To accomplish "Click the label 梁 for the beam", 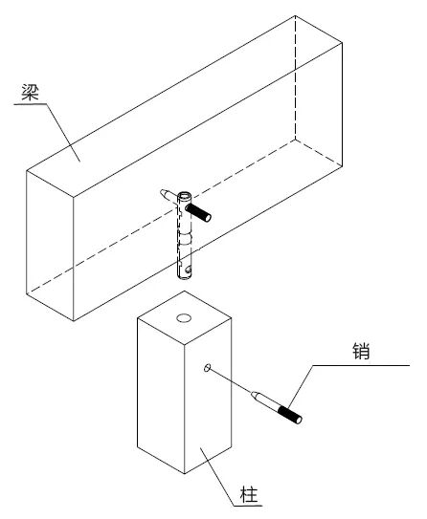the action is click(31, 93).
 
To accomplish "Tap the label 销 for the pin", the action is click(361, 351).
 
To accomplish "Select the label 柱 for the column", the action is click(249, 495).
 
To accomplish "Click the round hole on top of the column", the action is click(184, 318).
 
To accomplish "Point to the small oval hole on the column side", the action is click(207, 367).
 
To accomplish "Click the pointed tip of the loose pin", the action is click(254, 394).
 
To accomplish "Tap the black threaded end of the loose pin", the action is click(290, 415).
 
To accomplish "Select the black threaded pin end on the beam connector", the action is click(198, 213).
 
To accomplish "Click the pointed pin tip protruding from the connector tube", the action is click(164, 192).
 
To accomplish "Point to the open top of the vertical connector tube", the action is click(185, 196).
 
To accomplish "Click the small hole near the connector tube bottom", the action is click(189, 270).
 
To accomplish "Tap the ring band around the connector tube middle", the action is click(185, 239).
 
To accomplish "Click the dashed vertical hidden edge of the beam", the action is click(295, 77).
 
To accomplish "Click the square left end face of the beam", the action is click(50, 246).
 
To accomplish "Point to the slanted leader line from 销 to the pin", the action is click(301, 386).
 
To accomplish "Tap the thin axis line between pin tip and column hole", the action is click(231, 381).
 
